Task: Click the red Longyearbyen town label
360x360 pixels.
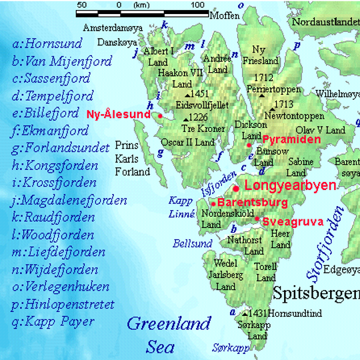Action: [x=291, y=186]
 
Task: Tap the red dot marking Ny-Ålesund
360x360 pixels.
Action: [x=161, y=115]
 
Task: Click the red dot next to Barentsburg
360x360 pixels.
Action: [x=213, y=203]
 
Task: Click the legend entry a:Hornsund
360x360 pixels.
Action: [x=47, y=44]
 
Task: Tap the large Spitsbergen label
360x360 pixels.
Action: [x=316, y=293]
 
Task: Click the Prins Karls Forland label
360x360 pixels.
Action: [x=132, y=158]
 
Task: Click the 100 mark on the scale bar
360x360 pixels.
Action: [x=198, y=5]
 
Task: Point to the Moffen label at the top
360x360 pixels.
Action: [x=224, y=15]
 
